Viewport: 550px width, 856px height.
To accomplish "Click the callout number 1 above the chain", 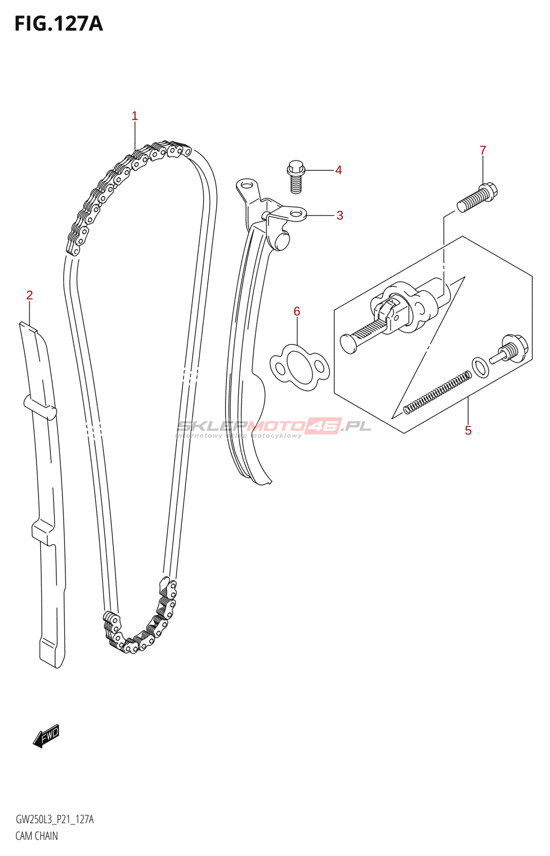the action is click(135, 116).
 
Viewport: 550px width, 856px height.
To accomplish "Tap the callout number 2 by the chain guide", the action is click(30, 295).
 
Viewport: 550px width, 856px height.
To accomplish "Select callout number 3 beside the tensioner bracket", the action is click(340, 216).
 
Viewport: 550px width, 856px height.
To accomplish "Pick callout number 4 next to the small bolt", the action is click(339, 170).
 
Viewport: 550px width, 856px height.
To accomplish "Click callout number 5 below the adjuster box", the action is click(468, 431).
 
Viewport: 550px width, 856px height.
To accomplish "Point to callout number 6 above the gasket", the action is click(297, 311).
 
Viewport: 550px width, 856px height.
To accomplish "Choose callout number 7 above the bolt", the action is click(483, 150).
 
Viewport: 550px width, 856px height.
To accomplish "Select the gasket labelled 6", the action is click(300, 367).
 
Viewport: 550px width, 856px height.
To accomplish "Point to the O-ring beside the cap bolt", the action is click(480, 367).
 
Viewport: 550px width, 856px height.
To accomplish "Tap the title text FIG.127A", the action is click(58, 24).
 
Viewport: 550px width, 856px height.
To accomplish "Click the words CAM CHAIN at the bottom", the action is click(36, 836).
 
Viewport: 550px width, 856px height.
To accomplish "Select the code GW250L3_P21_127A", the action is click(55, 820).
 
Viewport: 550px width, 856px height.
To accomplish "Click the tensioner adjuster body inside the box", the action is click(407, 309).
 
